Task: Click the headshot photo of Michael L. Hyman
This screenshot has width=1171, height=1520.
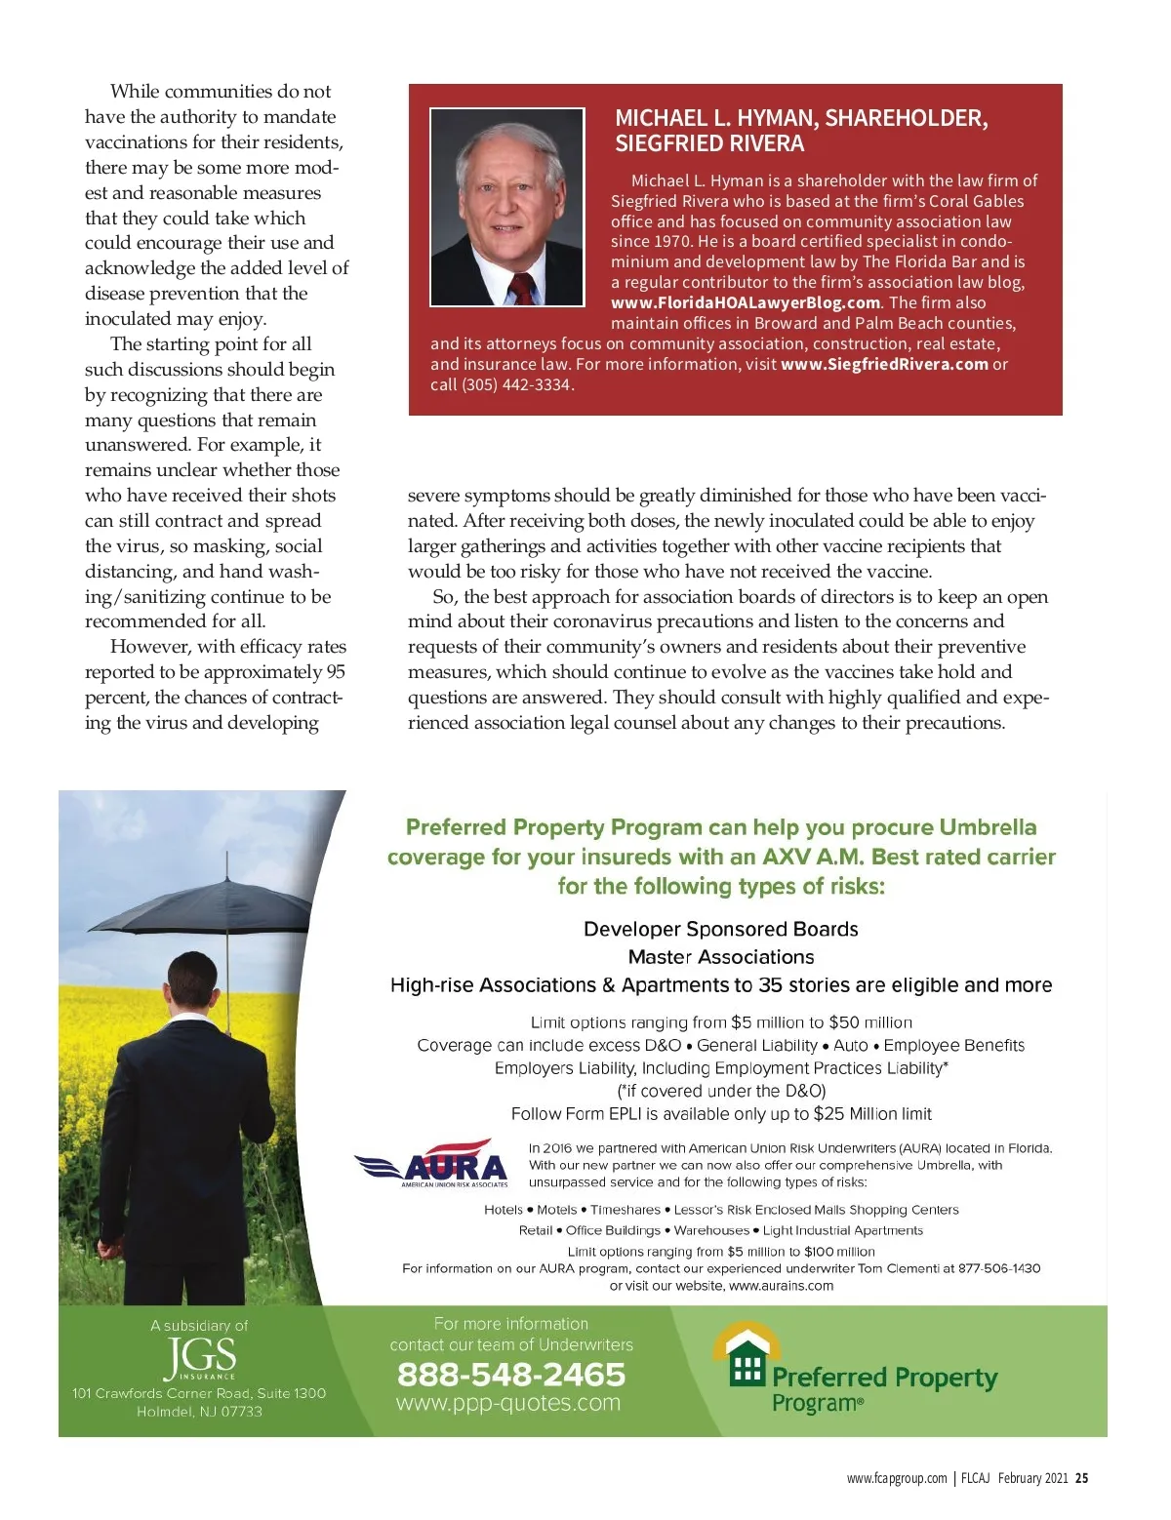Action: [x=506, y=207]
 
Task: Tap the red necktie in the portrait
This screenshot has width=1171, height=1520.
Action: [x=524, y=288]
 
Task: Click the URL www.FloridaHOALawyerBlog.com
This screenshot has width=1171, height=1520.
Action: [x=746, y=302]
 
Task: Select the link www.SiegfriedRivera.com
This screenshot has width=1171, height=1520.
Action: [x=884, y=364]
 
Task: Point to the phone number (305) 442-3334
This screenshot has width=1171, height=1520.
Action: [x=516, y=384]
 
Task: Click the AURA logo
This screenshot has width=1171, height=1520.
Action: [x=433, y=1163]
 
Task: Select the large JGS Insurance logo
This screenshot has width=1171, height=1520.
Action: [x=200, y=1357]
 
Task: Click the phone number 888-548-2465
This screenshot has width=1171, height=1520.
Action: [x=511, y=1374]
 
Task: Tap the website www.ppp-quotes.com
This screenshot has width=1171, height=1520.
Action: [x=508, y=1403]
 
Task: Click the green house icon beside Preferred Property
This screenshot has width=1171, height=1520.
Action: [x=747, y=1357]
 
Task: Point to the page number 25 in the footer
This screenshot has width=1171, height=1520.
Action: [x=1081, y=1478]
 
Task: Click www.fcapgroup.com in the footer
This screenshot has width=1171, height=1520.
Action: [x=896, y=1478]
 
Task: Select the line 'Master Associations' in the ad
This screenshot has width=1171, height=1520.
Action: [x=721, y=957]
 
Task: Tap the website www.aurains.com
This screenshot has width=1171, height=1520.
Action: [x=781, y=1286]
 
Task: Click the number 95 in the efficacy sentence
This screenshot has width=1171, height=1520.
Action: [x=336, y=672]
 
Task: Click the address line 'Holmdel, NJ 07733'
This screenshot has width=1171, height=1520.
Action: [x=199, y=1412]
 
